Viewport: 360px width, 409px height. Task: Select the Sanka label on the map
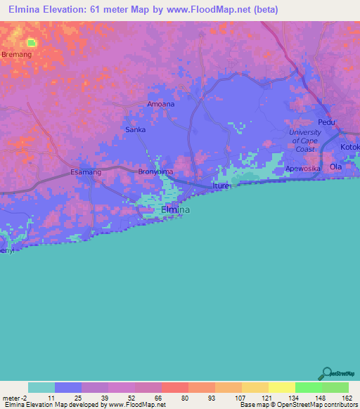[135, 129]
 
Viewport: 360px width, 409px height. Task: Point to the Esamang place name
[86, 172]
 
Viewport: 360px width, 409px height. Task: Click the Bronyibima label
[155, 171]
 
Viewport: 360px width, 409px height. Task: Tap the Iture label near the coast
[222, 187]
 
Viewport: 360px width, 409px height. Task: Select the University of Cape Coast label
[305, 141]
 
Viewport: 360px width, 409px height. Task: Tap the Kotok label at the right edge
[349, 147]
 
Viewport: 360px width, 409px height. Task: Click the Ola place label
[336, 167]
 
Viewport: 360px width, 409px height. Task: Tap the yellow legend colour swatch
[281, 387]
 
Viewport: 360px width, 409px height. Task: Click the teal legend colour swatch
[41, 387]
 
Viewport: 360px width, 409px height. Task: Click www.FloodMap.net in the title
[217, 10]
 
